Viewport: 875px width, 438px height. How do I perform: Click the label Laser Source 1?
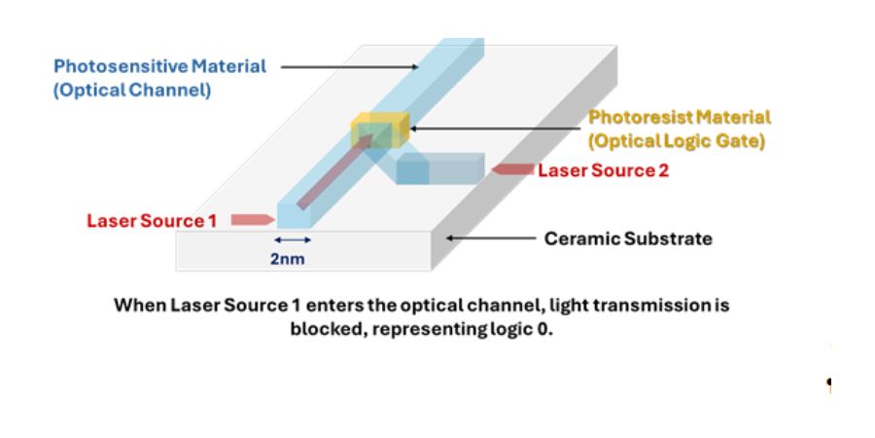(152, 221)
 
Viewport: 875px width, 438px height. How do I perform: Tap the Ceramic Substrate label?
(628, 238)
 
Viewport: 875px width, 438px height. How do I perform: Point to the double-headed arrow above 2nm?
(294, 239)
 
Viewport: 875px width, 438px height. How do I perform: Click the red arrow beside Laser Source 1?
(253, 220)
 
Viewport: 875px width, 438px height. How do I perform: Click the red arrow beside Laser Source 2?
(509, 169)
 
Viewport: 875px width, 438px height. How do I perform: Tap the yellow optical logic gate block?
(378, 129)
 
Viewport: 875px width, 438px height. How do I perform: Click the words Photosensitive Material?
(159, 67)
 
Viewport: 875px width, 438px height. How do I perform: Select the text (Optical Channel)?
(132, 91)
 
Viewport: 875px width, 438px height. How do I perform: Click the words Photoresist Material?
(680, 118)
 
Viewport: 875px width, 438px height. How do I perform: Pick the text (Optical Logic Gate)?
(678, 141)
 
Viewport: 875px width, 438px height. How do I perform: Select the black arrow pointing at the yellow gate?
(496, 129)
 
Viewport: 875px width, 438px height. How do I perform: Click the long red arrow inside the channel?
(334, 170)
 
